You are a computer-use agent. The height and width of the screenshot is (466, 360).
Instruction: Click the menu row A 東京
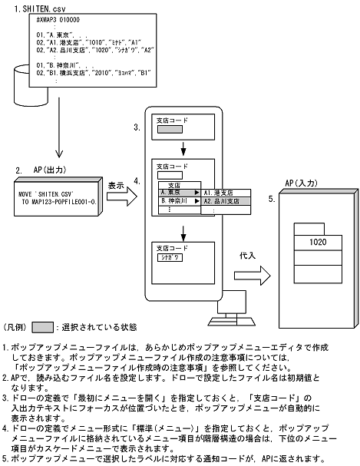click(x=175, y=192)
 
